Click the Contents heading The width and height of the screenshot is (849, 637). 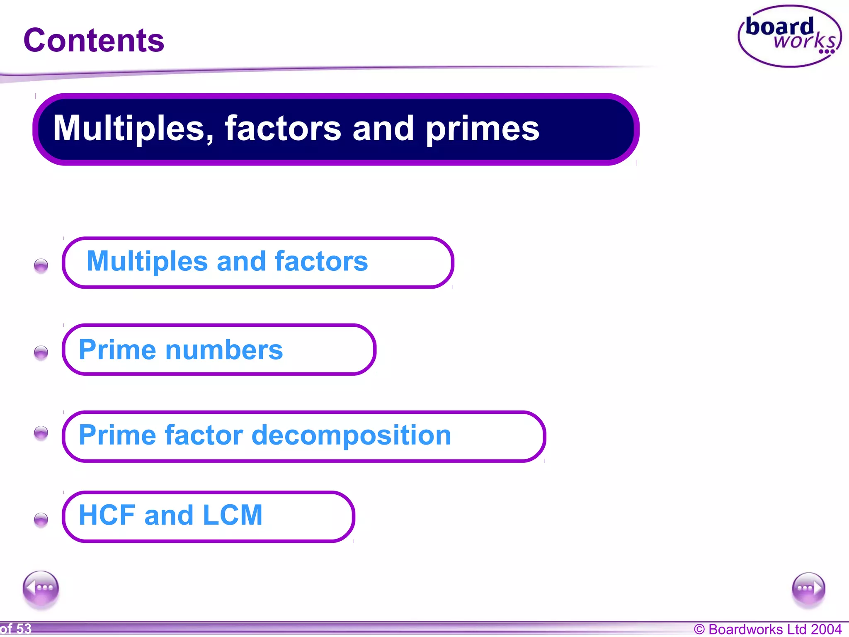click(94, 41)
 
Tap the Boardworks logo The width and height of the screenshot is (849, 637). click(789, 36)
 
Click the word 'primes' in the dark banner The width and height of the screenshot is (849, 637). click(483, 129)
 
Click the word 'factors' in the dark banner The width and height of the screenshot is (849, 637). click(283, 129)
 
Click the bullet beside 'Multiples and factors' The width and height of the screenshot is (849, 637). click(41, 265)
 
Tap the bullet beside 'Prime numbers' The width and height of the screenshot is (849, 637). click(41, 353)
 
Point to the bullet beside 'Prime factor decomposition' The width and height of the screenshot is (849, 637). click(41, 433)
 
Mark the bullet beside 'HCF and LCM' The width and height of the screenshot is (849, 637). click(41, 519)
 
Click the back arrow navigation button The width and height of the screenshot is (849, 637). click(41, 588)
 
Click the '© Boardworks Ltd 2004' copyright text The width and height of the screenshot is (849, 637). click(767, 629)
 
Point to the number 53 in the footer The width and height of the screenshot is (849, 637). click(24, 629)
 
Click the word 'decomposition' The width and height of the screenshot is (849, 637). click(351, 435)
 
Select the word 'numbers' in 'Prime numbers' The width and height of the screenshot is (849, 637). click(224, 350)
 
